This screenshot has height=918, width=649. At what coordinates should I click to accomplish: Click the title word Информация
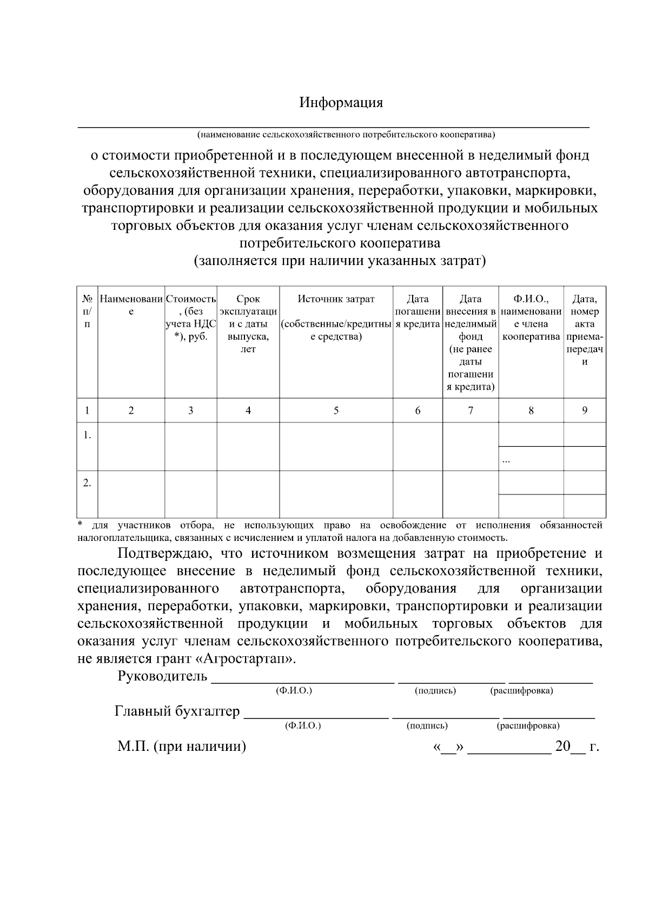coord(341,103)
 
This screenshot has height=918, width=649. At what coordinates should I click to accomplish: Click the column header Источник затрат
coord(336,299)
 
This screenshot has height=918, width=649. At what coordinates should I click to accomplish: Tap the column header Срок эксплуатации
coord(248,323)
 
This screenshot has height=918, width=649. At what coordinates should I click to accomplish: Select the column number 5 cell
coord(336,411)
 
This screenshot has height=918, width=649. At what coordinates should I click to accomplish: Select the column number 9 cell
coord(585,411)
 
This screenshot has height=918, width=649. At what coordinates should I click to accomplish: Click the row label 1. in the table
coord(87,435)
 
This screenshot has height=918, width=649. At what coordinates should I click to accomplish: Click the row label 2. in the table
coord(87,483)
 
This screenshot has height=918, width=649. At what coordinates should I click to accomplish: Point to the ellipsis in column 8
coord(506,460)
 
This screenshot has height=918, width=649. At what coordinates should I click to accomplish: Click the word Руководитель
coord(162,676)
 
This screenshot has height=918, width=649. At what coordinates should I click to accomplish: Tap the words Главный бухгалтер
coord(177,711)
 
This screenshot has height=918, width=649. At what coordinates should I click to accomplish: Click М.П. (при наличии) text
coord(182,747)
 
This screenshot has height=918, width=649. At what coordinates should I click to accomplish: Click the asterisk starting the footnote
coord(80,525)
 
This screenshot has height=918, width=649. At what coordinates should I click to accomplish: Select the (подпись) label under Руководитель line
coord(435,691)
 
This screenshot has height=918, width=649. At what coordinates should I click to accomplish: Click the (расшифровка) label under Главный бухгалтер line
coord(528,726)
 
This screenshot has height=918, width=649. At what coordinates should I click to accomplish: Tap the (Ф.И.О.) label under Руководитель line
coord(294,691)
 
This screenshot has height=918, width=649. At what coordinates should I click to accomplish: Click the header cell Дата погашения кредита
coord(418,312)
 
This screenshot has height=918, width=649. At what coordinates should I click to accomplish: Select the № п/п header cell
coord(87,312)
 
